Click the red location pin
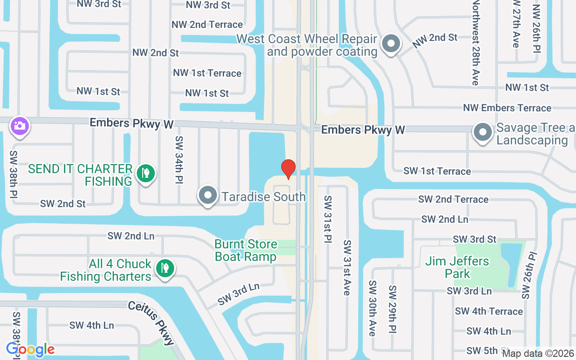click(x=288, y=169)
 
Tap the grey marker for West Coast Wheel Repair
click(x=391, y=44)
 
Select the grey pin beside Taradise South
click(x=208, y=196)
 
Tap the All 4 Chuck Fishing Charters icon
click(x=165, y=268)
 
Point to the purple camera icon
click(x=20, y=126)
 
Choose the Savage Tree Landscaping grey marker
click(x=483, y=133)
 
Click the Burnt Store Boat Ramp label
click(x=246, y=251)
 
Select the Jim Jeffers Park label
click(x=457, y=267)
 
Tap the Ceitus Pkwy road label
click(x=151, y=323)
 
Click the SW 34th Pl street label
click(x=179, y=153)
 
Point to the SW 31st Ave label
click(x=346, y=268)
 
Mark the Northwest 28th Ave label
click(x=475, y=43)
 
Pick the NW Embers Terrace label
click(x=507, y=108)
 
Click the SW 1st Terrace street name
click(x=437, y=171)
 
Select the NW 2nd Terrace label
click(x=207, y=24)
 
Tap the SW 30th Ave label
click(x=372, y=308)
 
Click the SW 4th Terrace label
click(x=489, y=311)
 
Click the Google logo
click(x=30, y=349)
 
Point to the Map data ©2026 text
click(x=538, y=354)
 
